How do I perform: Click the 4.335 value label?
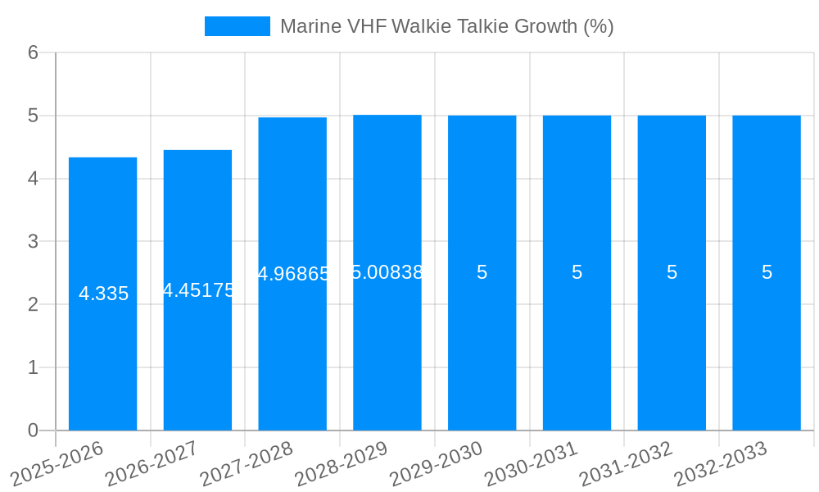coord(103,294)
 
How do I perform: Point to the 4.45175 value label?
coord(198,290)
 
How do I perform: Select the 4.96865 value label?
coord(293,274)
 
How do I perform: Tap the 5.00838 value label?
coord(387,272)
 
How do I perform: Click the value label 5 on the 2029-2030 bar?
coord(482,272)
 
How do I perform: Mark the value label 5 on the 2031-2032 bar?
coord(672,272)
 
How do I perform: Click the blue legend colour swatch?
coord(237,26)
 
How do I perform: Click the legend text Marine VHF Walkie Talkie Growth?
coord(446,26)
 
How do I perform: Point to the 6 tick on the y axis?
coord(33,52)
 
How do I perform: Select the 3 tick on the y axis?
coord(33,242)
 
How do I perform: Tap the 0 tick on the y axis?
coord(33,430)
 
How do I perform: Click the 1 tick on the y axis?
coord(33,367)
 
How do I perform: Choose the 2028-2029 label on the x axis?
coord(341,463)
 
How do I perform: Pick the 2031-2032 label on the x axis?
coord(626,463)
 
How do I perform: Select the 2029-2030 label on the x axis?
coord(436,463)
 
